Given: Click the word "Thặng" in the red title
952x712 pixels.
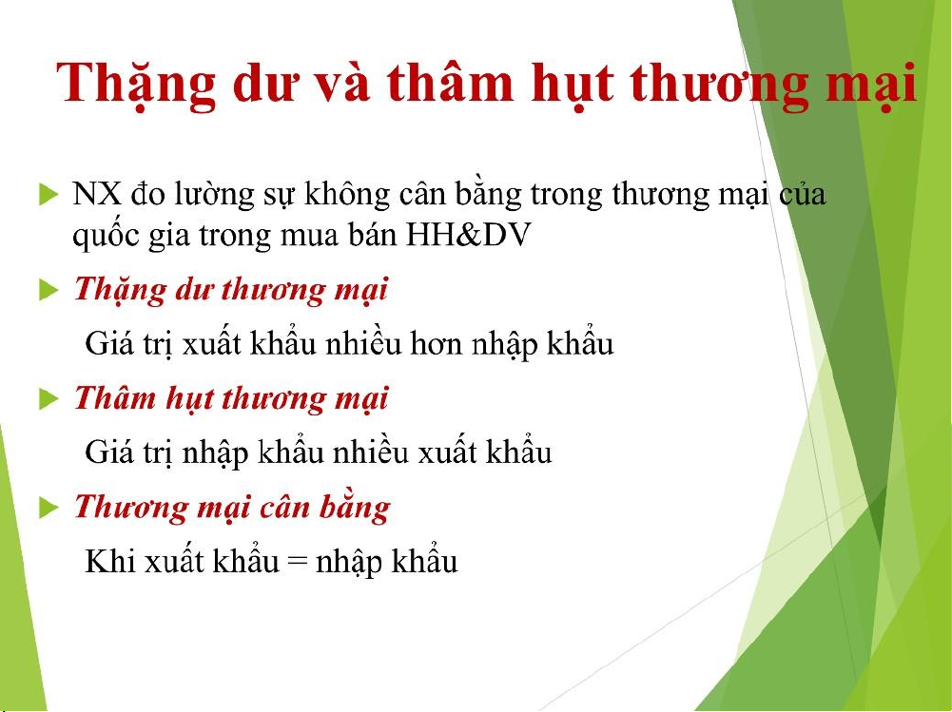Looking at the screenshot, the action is click(136, 85).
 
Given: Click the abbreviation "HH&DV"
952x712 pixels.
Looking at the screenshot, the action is click(468, 235).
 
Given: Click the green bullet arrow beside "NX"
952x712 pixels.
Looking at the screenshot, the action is click(49, 194).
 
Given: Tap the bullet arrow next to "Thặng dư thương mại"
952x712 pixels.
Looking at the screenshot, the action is click(49, 290).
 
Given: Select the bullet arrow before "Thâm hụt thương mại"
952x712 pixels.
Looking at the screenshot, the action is click(49, 399).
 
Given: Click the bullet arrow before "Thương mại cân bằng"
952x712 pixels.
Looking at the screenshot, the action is click(49, 508).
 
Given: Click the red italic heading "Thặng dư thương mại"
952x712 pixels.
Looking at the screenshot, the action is click(231, 290).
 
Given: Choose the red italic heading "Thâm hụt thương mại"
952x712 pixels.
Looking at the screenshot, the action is click(231, 399).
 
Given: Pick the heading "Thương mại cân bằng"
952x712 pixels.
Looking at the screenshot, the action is click(232, 508).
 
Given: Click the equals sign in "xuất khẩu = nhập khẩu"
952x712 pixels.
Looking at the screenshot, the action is click(297, 562).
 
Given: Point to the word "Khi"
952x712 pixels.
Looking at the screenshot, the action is click(110, 561).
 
